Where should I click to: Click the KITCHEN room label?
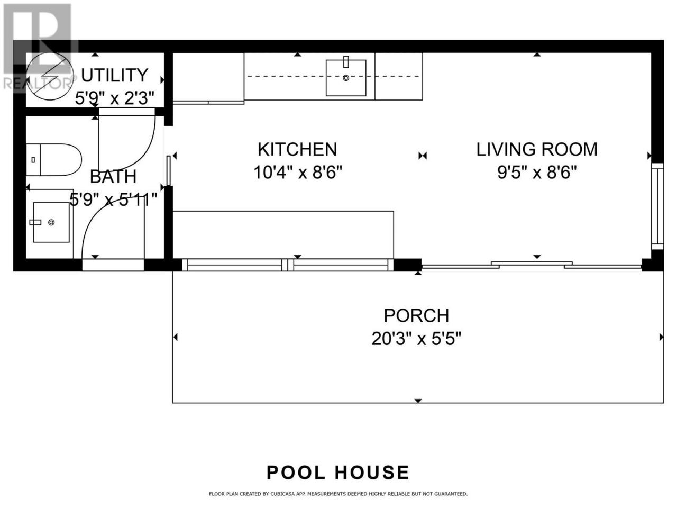[297, 150]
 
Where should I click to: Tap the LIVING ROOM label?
[537, 150]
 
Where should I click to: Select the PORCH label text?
[416, 315]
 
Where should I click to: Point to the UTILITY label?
[114, 75]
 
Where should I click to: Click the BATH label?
[113, 177]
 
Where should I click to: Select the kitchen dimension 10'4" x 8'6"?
[298, 172]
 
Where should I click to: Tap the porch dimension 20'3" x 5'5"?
[416, 339]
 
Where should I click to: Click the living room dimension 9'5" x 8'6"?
[537, 172]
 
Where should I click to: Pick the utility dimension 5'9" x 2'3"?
[114, 98]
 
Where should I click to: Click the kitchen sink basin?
[346, 78]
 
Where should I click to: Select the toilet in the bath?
[53, 160]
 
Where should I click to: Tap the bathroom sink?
[51, 222]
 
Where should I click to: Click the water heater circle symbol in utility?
[50, 76]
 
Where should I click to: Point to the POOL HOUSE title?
[338, 472]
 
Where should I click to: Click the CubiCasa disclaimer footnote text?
[338, 494]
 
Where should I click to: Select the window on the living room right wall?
[657, 206]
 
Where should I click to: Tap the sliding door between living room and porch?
[532, 265]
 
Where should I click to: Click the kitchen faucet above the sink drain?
[346, 62]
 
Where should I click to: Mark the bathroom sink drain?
[51, 222]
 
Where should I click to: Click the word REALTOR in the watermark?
[36, 83]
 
